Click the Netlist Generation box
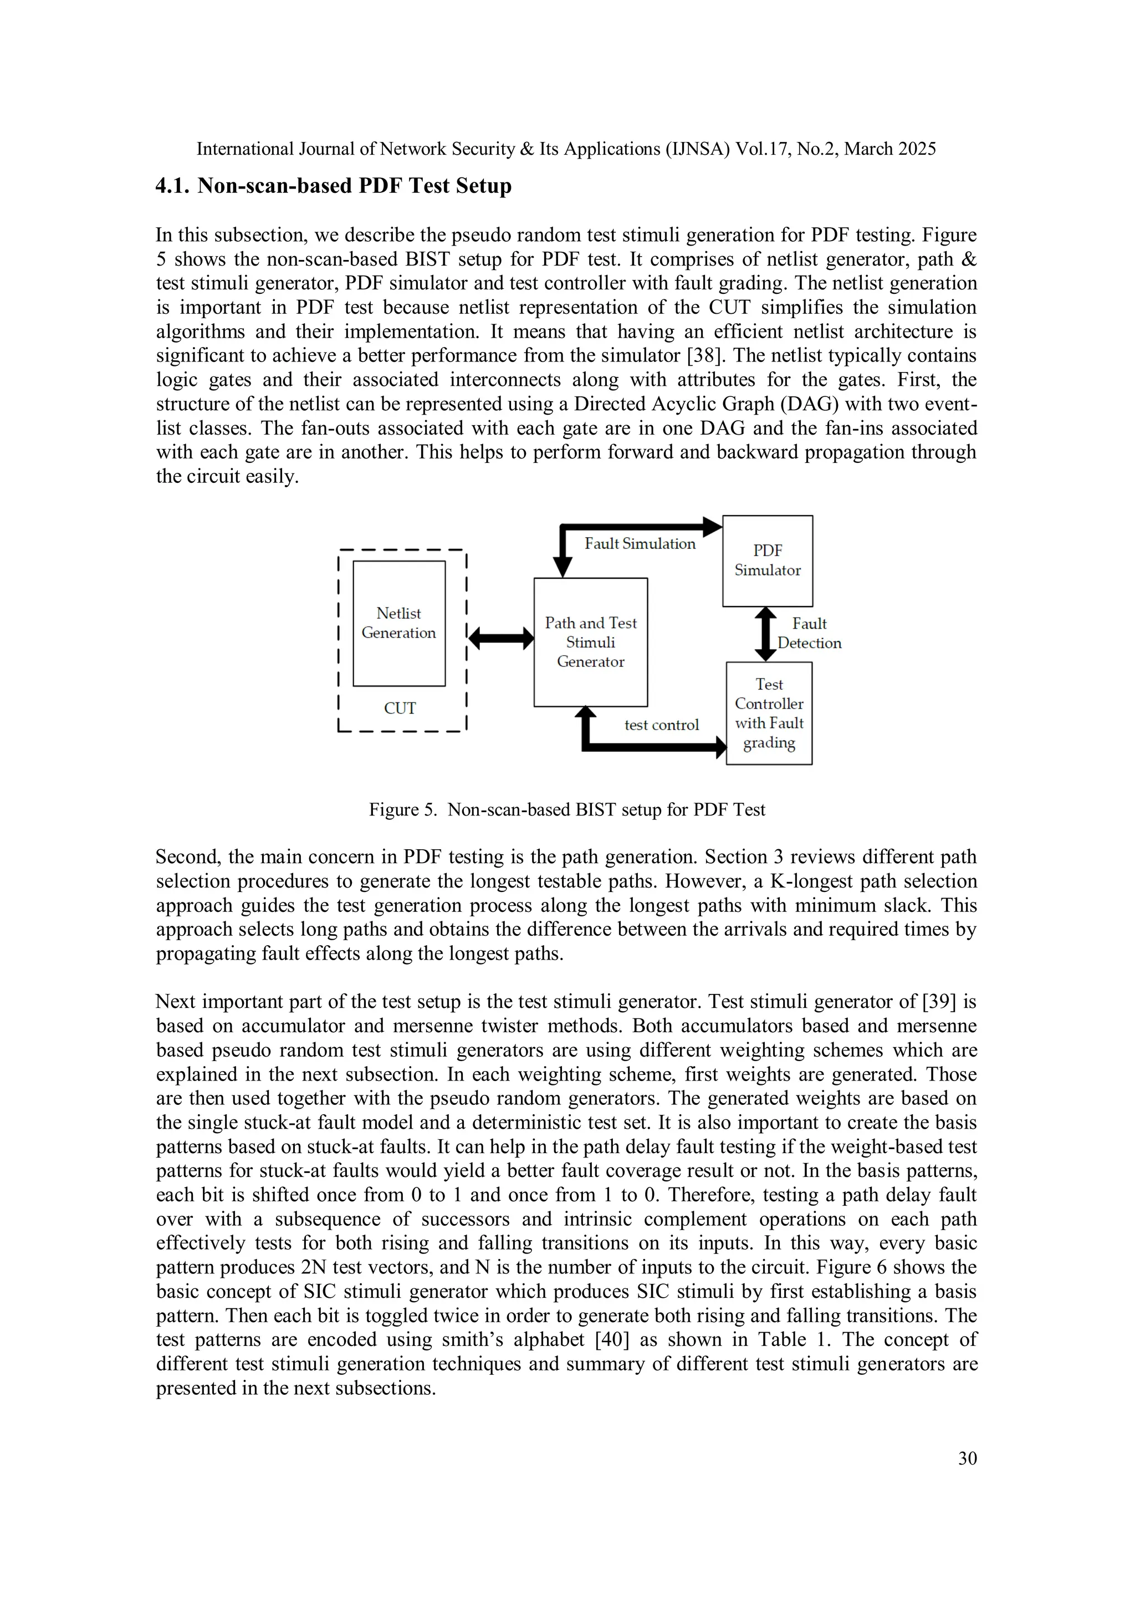[x=398, y=623]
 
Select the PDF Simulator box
[x=767, y=560]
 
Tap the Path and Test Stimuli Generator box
[x=590, y=642]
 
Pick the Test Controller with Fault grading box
[x=769, y=713]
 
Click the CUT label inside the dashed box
[x=400, y=708]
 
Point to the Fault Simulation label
[x=640, y=543]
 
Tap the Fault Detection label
[x=809, y=633]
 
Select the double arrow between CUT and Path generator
[x=500, y=638]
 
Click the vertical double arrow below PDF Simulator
[x=766, y=634]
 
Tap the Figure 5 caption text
[x=566, y=809]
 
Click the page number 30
[x=967, y=1458]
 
